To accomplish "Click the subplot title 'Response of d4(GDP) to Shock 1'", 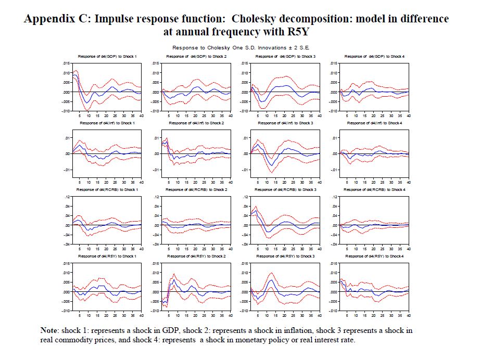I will [x=107, y=56].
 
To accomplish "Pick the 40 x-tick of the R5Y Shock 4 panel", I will [x=409, y=315].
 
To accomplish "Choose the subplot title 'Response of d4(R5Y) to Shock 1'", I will [x=107, y=256].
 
